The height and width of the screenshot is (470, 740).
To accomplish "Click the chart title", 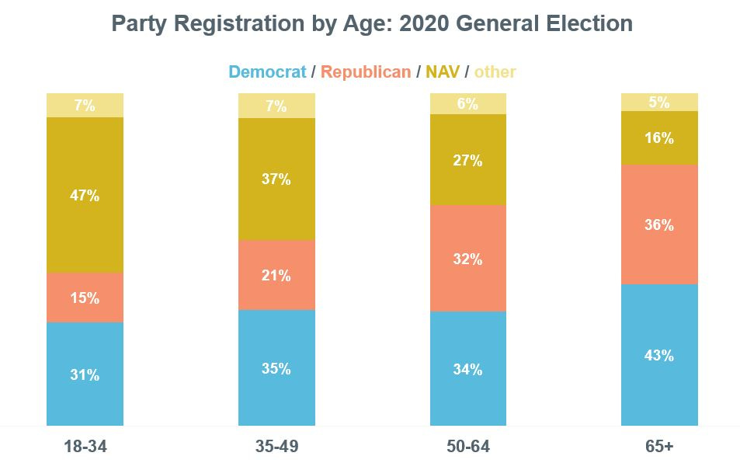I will pos(372,23).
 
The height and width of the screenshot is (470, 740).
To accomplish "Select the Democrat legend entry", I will pos(267,72).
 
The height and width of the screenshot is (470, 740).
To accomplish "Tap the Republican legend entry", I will pos(366,72).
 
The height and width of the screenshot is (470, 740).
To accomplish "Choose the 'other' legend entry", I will pos(495,72).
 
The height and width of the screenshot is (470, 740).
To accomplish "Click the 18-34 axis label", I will pos(85,447).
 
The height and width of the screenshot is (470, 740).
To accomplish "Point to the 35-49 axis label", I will pos(276,447).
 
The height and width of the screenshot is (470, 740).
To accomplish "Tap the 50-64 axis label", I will pos(468,447).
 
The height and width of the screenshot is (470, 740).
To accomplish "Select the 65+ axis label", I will pos(659,447).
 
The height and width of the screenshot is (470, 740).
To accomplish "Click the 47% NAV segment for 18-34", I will pos(85,195).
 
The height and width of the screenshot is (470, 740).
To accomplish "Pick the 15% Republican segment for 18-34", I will pos(85,298).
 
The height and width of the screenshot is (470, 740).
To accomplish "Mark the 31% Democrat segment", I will pos(85,374).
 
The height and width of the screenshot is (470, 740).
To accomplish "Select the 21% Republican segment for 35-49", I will pos(276,275).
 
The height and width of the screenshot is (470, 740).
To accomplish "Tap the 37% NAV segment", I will pos(276,179).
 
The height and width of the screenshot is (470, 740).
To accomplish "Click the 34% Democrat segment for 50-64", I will pos(468,369).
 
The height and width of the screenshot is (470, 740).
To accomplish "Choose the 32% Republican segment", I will pos(468,259).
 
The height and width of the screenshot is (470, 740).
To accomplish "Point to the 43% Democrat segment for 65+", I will pos(659,355).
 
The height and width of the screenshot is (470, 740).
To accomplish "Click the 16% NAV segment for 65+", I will pos(659,138).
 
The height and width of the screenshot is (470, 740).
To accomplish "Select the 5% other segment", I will pos(659,102).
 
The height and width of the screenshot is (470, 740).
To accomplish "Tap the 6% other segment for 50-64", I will pos(468,103).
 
